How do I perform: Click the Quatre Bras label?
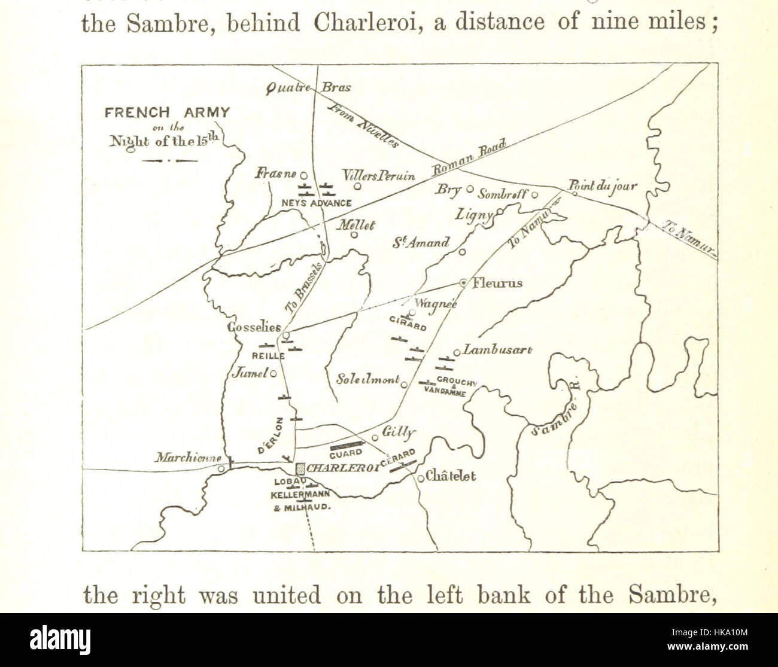pyautogui.click(x=309, y=87)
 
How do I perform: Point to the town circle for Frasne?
pyautogui.click(x=303, y=176)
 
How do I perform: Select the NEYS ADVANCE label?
pyautogui.click(x=316, y=203)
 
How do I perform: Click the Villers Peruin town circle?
pyautogui.click(x=357, y=186)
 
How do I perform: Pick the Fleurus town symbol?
pyautogui.click(x=463, y=282)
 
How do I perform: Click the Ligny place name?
pyautogui.click(x=473, y=214)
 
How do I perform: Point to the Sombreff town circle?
pyautogui.click(x=535, y=194)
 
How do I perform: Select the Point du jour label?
pyautogui.click(x=602, y=186)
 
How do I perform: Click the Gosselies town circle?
pyautogui.click(x=286, y=335)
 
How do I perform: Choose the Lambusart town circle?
pyautogui.click(x=457, y=353)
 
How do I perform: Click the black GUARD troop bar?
pyautogui.click(x=347, y=445)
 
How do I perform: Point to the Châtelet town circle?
pyautogui.click(x=421, y=477)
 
